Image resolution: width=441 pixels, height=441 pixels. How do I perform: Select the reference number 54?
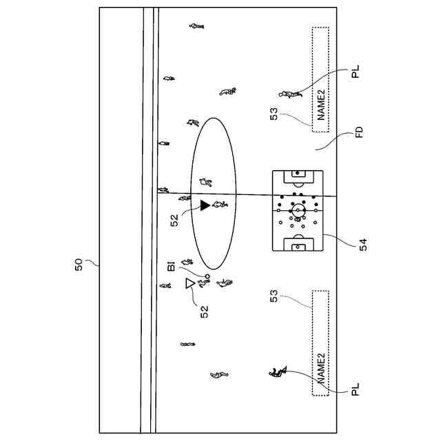coord(363,243)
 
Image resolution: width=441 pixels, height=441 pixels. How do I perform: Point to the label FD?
coord(359,132)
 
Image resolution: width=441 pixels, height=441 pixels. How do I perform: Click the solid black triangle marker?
coord(205,205)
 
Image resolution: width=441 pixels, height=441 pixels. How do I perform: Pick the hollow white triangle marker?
coord(190,283)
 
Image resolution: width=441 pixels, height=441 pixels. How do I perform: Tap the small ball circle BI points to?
coord(207,275)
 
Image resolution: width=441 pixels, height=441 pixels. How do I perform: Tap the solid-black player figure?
coord(276,373)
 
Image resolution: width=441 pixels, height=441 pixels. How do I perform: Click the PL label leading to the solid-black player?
coord(356,391)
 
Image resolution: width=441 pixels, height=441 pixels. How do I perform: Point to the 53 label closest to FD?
coord(274,113)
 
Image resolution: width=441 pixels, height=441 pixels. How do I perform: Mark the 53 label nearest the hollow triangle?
coord(274,297)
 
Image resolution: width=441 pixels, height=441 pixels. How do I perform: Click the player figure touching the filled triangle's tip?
coord(220,205)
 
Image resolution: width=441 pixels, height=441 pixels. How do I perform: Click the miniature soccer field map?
coord(298,211)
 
